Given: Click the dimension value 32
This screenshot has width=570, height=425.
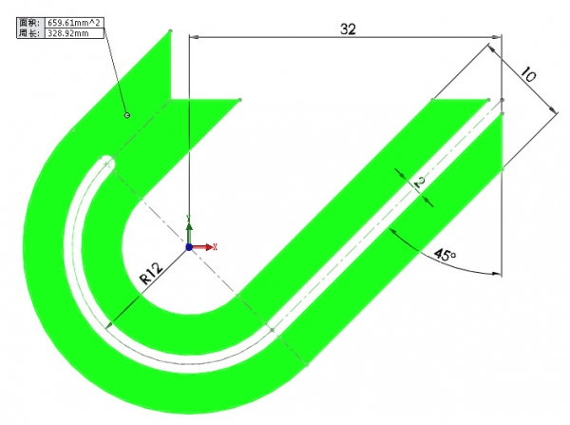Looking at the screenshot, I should (347, 29).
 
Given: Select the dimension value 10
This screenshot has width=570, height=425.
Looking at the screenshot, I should (528, 76).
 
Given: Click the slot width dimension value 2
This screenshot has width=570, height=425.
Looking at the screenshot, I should (417, 181).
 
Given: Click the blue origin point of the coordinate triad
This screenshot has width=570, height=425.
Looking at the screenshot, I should (189, 246).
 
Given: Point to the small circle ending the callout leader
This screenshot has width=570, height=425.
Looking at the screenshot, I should (126, 115).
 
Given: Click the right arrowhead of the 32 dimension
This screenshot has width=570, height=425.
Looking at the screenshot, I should (493, 37).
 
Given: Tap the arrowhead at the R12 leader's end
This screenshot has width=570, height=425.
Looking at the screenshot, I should (110, 325).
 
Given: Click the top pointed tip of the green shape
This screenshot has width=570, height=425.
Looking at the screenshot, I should (170, 31).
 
